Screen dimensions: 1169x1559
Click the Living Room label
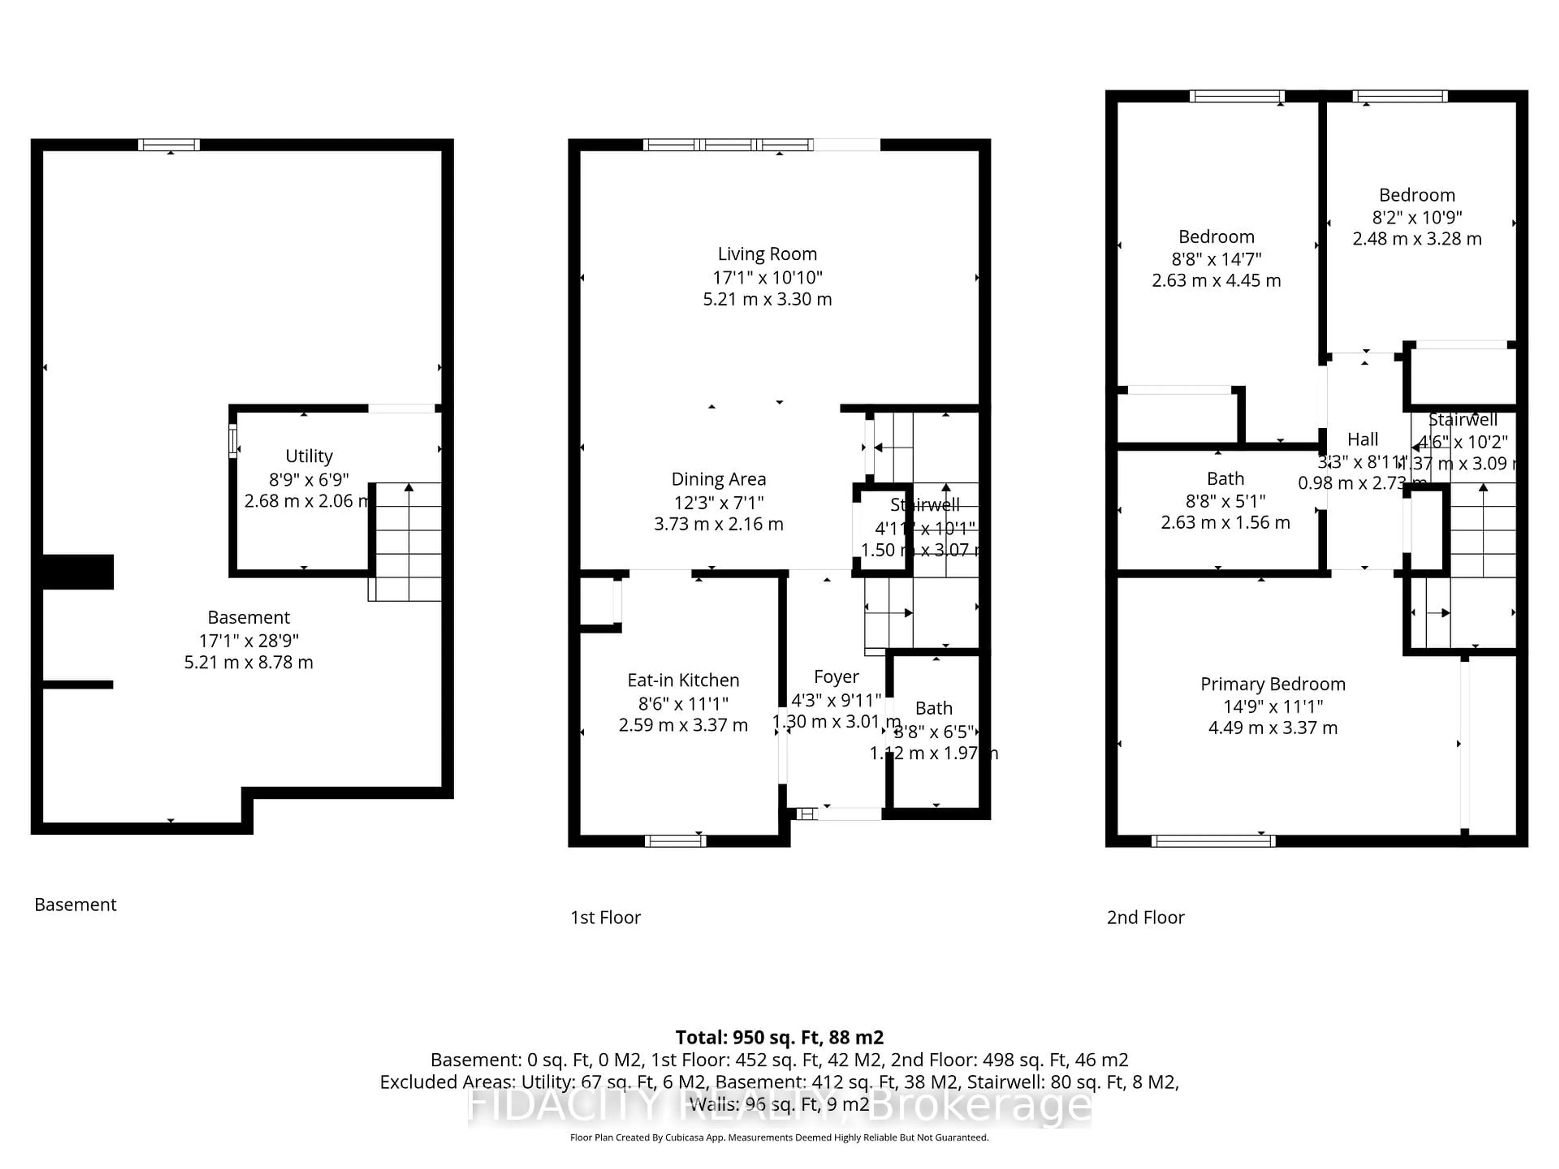(767, 254)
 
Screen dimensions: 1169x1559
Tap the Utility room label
(309, 456)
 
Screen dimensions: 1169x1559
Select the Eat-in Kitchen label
(683, 680)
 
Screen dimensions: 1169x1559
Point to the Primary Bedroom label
(1272, 684)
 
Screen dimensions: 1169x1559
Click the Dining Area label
(718, 479)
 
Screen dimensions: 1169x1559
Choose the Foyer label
(836, 677)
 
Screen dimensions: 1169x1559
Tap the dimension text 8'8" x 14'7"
(1216, 259)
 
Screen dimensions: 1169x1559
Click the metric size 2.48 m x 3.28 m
(1416, 239)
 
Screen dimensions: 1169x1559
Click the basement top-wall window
(169, 145)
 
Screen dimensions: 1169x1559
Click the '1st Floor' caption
(605, 917)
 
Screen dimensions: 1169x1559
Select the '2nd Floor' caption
(1145, 917)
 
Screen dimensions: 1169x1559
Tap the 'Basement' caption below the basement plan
(76, 905)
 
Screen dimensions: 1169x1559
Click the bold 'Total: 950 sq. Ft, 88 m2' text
(779, 1037)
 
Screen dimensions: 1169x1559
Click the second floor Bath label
(1225, 479)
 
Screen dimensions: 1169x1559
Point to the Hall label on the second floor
(1363, 440)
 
